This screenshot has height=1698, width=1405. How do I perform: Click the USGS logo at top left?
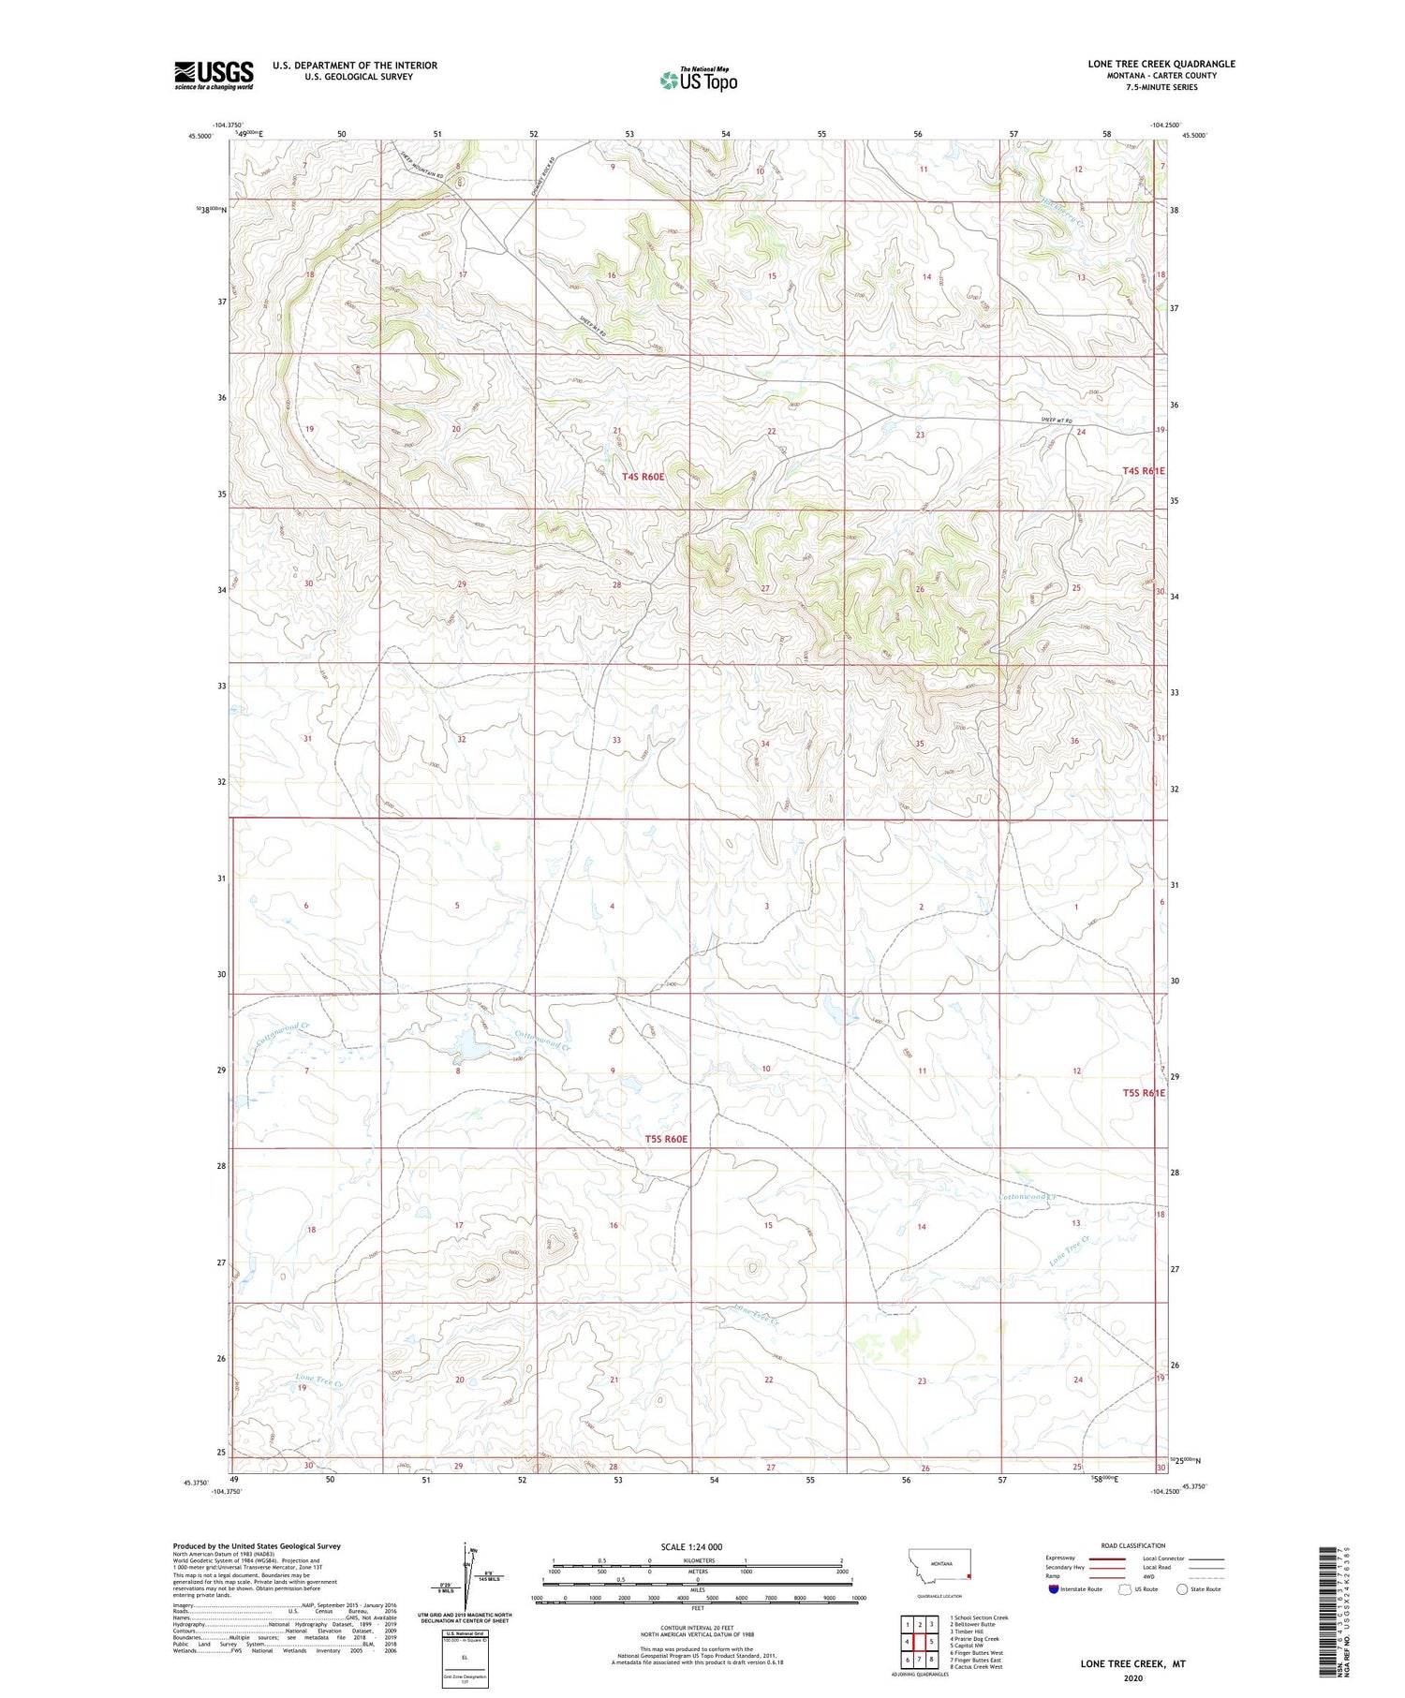pyautogui.click(x=214, y=75)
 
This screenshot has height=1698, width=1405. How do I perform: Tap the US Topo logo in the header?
pyautogui.click(x=698, y=81)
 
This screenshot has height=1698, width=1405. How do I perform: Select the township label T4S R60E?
pyautogui.click(x=643, y=477)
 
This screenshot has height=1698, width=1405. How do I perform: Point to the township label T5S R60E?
pyautogui.click(x=666, y=1139)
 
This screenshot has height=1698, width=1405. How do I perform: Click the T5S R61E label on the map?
pyautogui.click(x=1144, y=1092)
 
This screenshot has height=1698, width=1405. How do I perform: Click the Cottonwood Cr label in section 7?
pyautogui.click(x=281, y=1030)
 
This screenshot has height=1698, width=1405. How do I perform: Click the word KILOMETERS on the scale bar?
pyautogui.click(x=696, y=1560)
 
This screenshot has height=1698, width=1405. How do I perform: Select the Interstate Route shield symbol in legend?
pyautogui.click(x=1053, y=1589)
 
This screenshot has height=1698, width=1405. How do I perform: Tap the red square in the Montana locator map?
pyautogui.click(x=969, y=1575)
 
